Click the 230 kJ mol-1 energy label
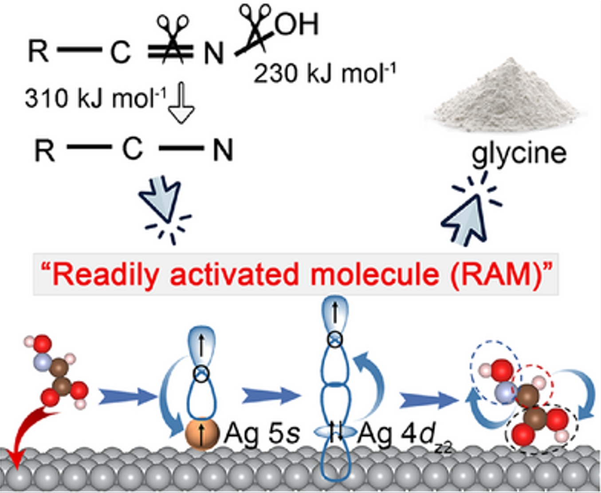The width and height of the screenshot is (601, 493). coord(325,74)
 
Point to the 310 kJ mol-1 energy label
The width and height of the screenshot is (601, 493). coord(95,98)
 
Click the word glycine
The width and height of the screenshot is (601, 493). coord(519,154)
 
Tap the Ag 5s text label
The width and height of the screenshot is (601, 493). coord(262,434)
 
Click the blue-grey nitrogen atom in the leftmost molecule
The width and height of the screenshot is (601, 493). coord(43,363)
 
